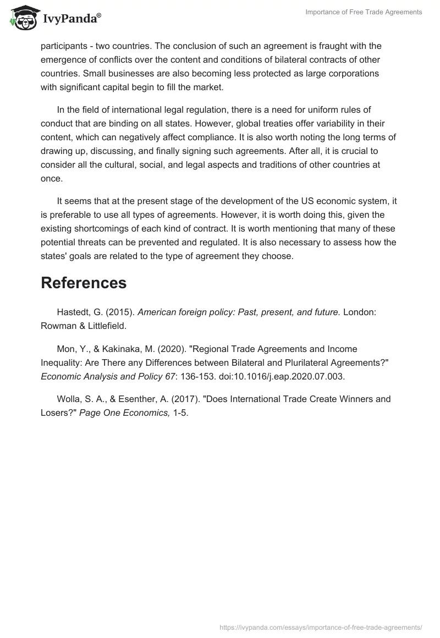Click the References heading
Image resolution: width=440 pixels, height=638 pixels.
[84, 283]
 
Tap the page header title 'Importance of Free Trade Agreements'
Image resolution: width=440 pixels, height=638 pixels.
[364, 12]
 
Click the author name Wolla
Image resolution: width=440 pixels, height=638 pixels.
[69, 399]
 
